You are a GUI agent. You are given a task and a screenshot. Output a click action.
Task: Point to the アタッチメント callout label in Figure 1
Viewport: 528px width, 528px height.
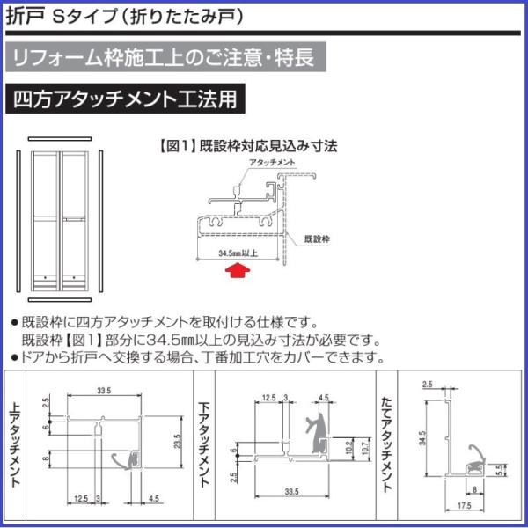click(272, 165)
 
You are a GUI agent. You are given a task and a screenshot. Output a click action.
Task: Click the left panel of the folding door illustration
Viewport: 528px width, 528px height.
click(46, 220)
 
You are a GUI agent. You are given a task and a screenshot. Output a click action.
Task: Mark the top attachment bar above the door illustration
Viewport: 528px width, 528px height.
click(61, 137)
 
